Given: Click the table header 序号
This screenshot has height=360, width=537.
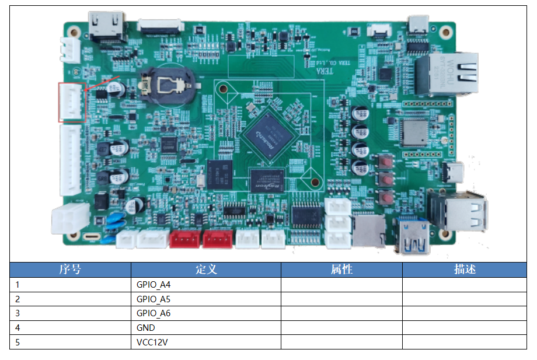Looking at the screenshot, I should click(x=70, y=270).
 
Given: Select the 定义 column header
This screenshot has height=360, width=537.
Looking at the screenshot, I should click(x=205, y=270).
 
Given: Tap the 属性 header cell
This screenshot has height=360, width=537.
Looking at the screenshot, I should click(x=341, y=270).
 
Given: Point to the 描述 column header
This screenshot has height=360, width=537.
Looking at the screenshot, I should click(x=465, y=270).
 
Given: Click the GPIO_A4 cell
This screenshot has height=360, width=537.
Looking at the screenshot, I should click(x=153, y=285).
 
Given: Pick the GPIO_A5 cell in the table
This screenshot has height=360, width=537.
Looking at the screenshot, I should click(x=153, y=299).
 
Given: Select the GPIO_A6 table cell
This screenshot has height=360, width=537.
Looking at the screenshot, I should click(x=153, y=313).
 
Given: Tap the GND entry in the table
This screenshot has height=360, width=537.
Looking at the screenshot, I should click(x=145, y=328).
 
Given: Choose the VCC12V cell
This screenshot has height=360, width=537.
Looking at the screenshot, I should click(x=152, y=342).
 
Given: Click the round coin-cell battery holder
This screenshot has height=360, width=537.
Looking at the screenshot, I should click(x=169, y=85).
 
